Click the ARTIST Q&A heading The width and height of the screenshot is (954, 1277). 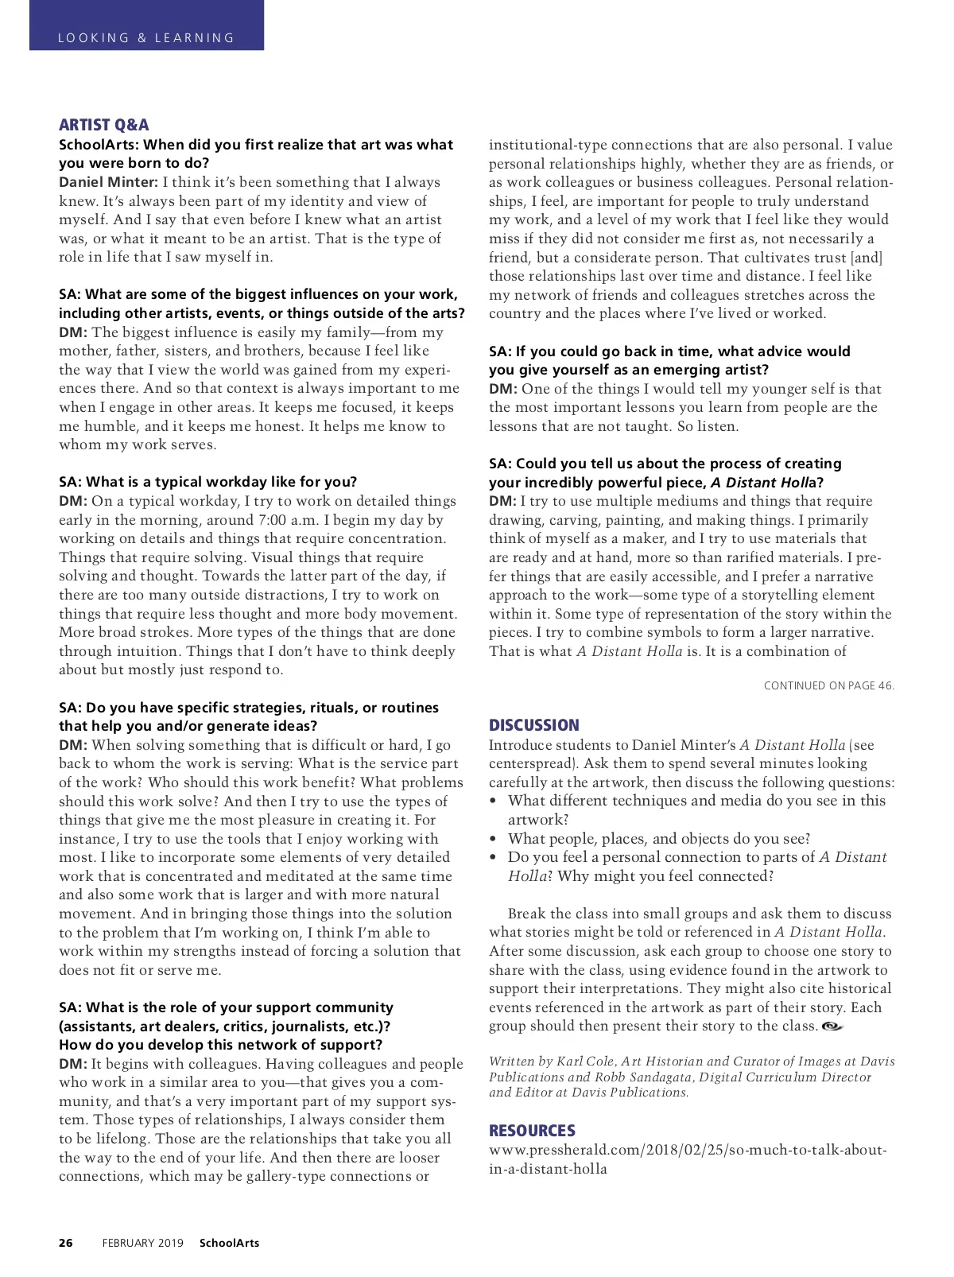tap(103, 125)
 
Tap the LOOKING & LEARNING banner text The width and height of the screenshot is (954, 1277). tap(146, 37)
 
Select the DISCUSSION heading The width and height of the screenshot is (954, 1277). tap(533, 725)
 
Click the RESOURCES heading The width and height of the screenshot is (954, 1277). tap(532, 1131)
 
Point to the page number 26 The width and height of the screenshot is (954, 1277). tap(65, 1243)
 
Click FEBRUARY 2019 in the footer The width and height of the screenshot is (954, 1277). tap(142, 1243)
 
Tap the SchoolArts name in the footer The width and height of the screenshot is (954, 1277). tap(229, 1243)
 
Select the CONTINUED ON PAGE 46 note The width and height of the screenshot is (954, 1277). tap(828, 685)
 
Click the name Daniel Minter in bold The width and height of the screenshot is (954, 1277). tap(108, 182)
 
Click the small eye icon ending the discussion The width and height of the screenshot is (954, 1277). tap(832, 1026)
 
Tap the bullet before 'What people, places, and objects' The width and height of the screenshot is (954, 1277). tap(494, 839)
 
